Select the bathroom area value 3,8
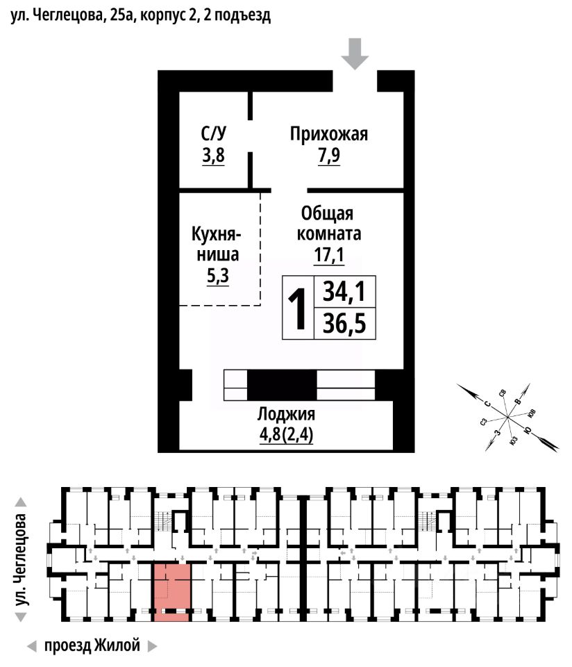click(213, 156)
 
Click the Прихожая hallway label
click(328, 134)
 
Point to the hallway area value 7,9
click(328, 156)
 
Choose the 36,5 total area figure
click(344, 324)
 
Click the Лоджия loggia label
click(286, 415)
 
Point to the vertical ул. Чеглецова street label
click(24, 559)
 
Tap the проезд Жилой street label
click(92, 645)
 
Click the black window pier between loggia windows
click(282, 385)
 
